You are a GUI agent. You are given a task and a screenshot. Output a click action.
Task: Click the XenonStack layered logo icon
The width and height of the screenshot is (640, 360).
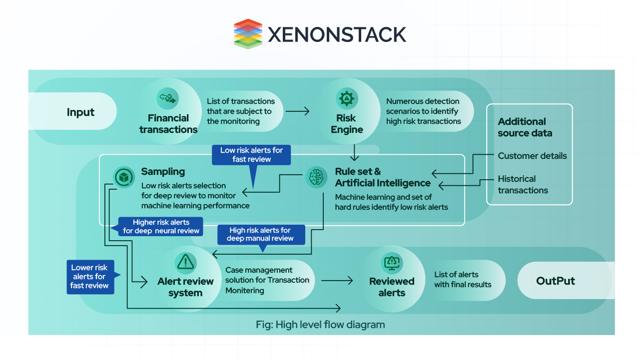coord(248,34)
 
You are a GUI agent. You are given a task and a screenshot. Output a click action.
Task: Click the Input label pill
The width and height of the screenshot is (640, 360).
coord(80,112)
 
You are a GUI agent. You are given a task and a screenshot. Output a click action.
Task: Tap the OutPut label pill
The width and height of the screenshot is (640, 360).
coord(556,281)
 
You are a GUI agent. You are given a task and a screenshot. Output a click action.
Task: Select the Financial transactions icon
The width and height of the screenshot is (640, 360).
coord(167,98)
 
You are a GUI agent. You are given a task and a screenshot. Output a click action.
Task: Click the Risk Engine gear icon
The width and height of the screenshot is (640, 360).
coord(346,98)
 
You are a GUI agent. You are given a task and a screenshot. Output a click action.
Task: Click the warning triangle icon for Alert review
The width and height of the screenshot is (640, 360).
coord(185,261)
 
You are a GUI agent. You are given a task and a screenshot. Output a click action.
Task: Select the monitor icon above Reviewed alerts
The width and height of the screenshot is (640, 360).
coord(392,262)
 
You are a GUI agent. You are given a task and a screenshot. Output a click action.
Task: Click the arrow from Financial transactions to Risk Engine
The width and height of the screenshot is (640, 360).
coord(297,111)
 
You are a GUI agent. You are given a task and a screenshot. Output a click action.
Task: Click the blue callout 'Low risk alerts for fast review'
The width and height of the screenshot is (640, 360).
coord(251,155)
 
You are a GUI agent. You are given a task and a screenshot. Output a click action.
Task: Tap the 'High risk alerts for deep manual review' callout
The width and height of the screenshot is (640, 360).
coord(260,234)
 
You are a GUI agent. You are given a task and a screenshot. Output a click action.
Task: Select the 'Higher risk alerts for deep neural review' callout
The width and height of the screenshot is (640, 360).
coord(161,226)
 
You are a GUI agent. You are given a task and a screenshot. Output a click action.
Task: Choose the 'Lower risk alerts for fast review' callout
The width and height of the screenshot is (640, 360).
coord(90,277)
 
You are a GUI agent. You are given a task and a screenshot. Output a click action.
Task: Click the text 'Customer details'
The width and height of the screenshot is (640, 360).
coord(532,156)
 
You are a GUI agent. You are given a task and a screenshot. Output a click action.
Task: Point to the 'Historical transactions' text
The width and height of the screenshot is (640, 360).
coord(523,184)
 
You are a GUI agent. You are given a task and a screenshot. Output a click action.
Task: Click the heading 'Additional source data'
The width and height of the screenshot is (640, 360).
coord(525,127)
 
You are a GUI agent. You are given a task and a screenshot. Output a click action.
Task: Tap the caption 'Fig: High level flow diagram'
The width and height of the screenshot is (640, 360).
coord(320,325)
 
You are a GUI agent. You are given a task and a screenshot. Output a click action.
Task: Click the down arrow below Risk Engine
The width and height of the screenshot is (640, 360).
coord(355,152)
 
